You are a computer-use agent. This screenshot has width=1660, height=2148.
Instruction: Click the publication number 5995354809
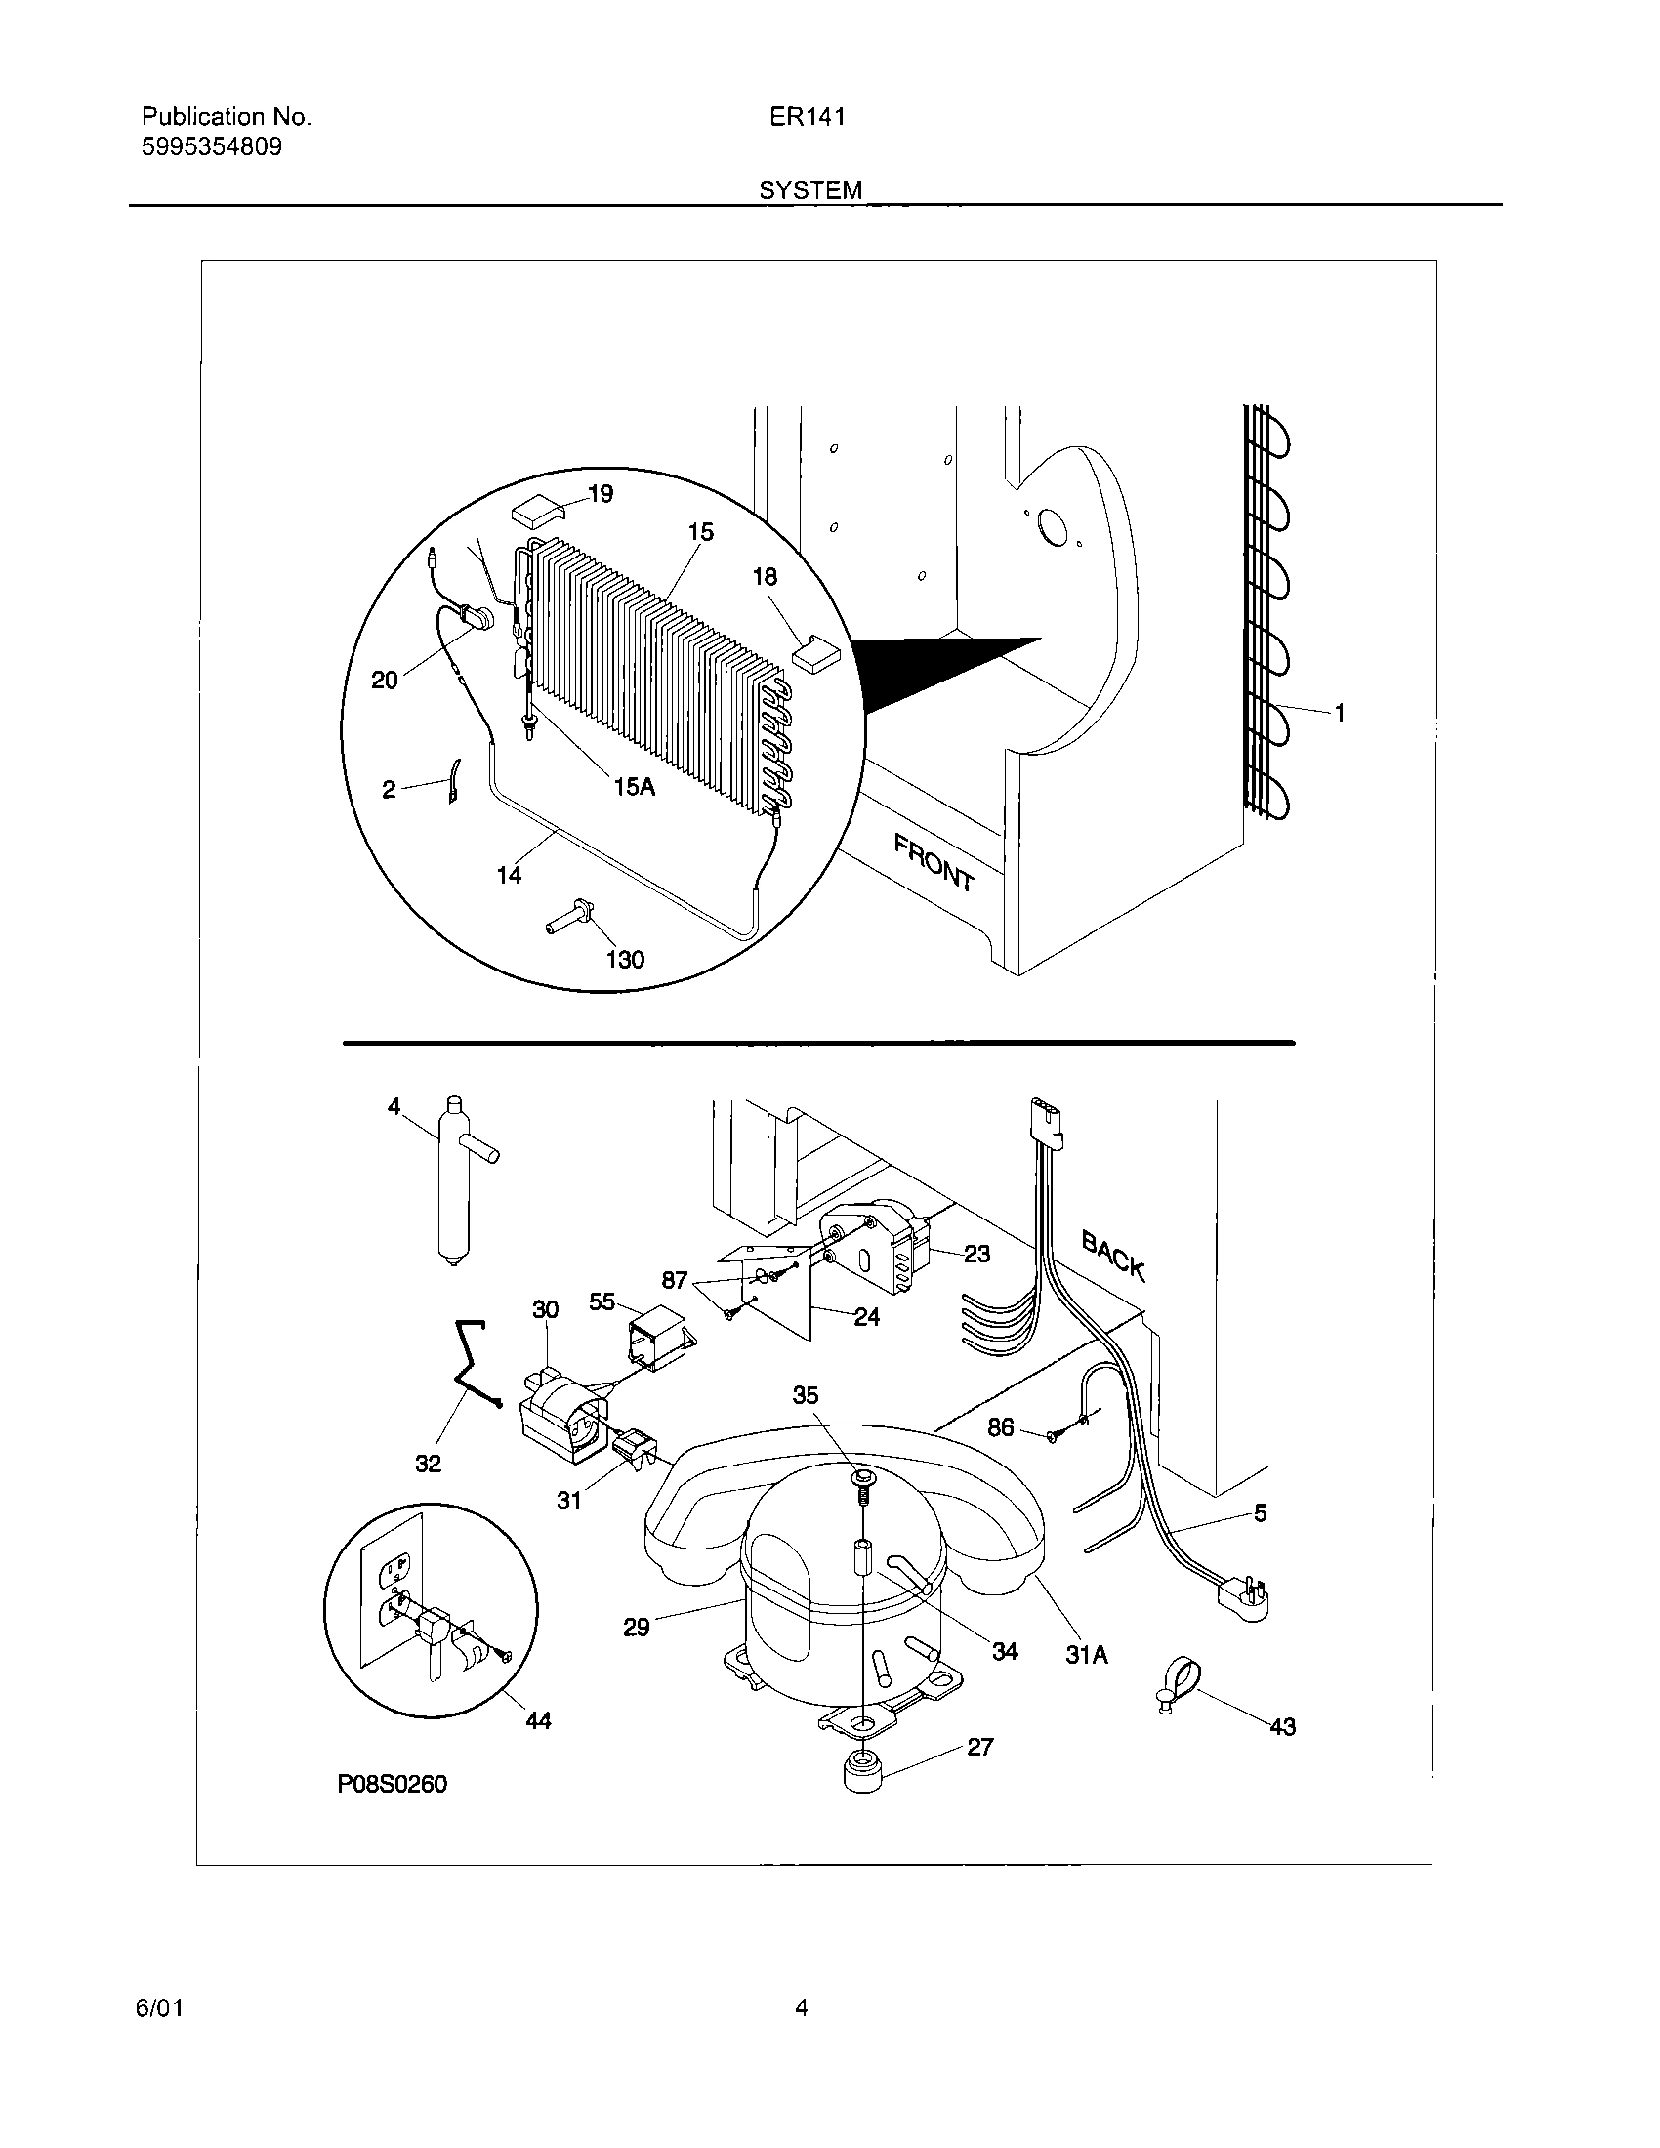tap(212, 147)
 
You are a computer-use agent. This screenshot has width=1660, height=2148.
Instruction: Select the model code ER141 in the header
tap(807, 117)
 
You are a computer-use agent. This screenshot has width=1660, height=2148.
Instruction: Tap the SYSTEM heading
tap(809, 190)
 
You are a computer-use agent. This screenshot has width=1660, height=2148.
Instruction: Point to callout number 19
tap(599, 494)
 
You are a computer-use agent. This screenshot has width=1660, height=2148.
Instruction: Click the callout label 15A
tap(634, 786)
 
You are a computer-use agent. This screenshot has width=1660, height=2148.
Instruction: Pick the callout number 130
tap(625, 959)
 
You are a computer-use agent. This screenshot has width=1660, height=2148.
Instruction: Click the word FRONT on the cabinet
tap(933, 861)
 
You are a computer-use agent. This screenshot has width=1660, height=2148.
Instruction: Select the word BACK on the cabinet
tap(1113, 1255)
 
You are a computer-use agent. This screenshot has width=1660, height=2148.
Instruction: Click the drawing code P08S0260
tap(392, 1784)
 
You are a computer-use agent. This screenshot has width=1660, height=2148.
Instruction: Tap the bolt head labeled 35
tap(861, 1478)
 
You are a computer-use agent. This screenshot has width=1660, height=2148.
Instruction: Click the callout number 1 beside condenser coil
tap(1340, 713)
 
